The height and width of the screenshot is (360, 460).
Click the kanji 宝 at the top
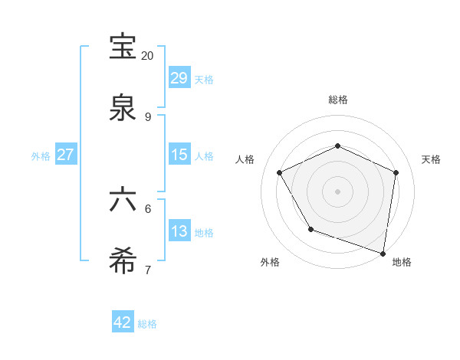123,47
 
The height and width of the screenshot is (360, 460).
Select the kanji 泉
123,107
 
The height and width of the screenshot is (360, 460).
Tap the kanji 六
123,200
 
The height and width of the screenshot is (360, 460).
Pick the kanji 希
123,261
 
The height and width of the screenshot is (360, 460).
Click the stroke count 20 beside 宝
147,56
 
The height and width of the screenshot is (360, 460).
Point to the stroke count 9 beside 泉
147,117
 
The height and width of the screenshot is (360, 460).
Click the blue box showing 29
179,78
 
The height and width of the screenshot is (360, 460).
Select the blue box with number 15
179,155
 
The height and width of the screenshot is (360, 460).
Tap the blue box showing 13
179,231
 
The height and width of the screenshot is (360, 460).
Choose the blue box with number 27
65,155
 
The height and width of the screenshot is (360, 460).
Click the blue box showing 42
123,322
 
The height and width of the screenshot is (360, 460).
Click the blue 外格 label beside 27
41,156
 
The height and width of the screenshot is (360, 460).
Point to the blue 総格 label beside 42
147,324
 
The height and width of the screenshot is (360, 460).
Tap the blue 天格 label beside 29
204,80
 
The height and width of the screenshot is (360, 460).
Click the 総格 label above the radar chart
338,100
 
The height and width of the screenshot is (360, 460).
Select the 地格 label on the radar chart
402,262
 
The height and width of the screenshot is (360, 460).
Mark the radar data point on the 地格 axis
383,253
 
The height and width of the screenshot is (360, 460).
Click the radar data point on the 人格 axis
280,172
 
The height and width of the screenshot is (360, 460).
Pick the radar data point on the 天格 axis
396,172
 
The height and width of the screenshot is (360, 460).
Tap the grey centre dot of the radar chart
338,191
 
